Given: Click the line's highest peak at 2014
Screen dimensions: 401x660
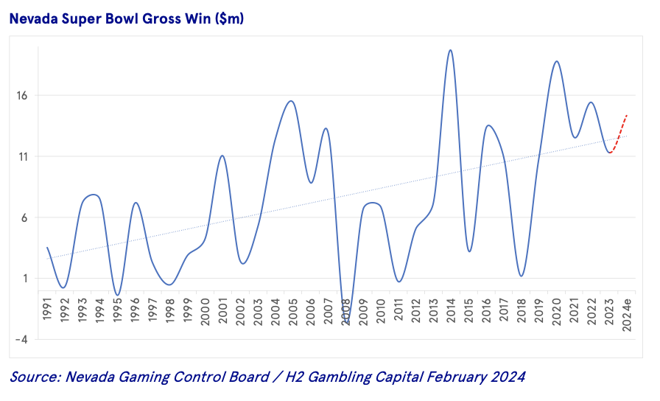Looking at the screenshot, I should coord(450,50).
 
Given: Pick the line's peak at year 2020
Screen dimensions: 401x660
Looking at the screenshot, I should coord(556,61).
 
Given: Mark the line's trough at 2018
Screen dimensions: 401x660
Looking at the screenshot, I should coord(521,276).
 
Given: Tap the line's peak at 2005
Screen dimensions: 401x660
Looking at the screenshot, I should coord(292,101).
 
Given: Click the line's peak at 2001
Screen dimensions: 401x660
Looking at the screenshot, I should coord(222,156).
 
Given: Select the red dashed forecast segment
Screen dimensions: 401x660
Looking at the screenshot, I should coord(619,133).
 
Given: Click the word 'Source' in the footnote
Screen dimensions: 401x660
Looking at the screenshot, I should coord(32,377).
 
